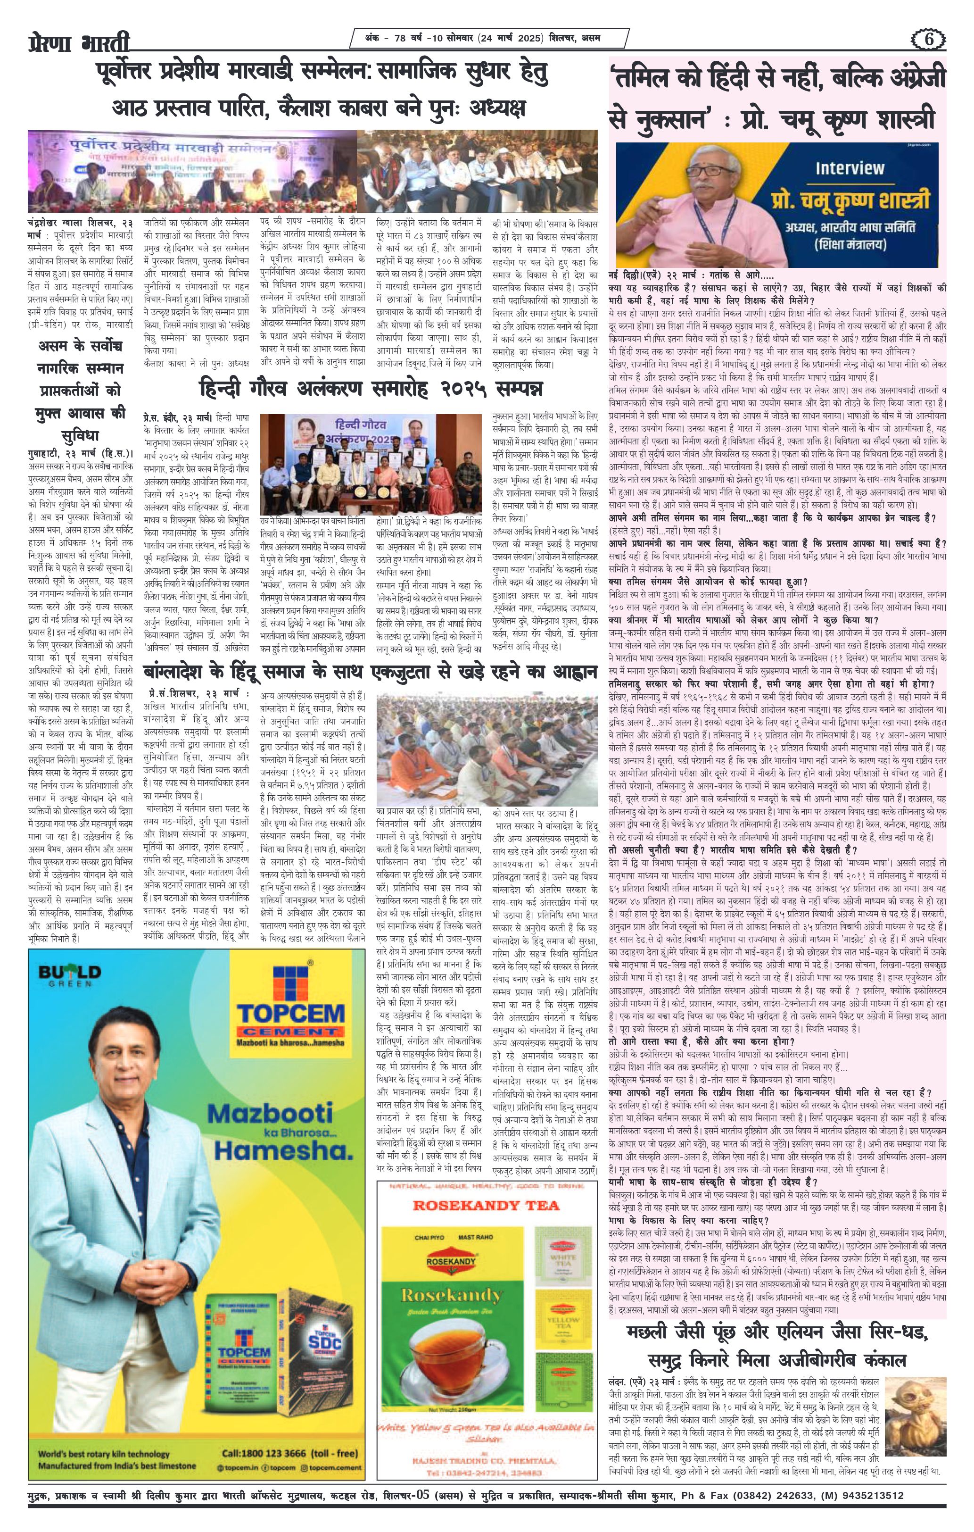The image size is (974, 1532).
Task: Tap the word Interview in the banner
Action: pos(850,168)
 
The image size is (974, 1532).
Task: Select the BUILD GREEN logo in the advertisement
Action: pos(69,976)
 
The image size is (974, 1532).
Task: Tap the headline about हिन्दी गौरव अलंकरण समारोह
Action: pos(371,388)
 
